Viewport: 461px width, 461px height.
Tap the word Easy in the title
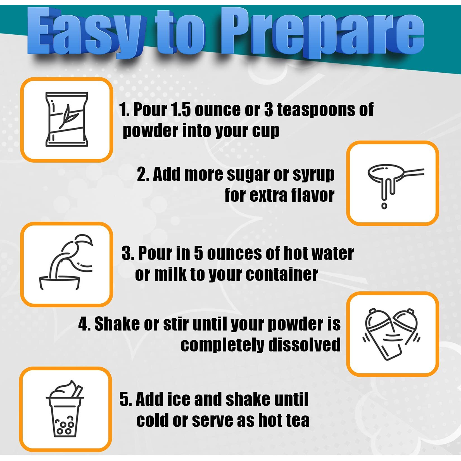pyautogui.click(x=87, y=32)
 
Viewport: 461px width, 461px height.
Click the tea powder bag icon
pyautogui.click(x=67, y=119)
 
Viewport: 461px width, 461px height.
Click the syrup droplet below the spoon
pyautogui.click(x=384, y=206)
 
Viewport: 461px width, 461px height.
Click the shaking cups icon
pyautogui.click(x=391, y=334)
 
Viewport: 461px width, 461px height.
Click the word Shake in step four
pyautogui.click(x=117, y=324)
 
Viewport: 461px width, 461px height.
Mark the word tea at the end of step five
pyautogui.click(x=297, y=420)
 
